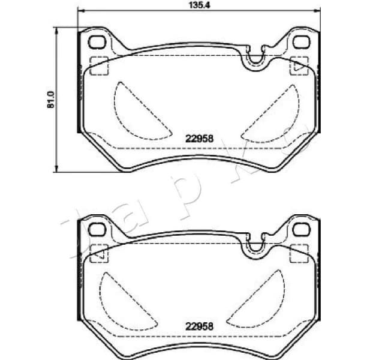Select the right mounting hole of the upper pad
coord(298,42)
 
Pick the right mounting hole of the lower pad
coord(298,230)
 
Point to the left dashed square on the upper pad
coord(98,65)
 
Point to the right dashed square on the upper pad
coord(298,65)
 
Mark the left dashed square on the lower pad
coord(98,253)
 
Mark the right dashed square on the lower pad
coord(298,253)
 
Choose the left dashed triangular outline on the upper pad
coord(133,108)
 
